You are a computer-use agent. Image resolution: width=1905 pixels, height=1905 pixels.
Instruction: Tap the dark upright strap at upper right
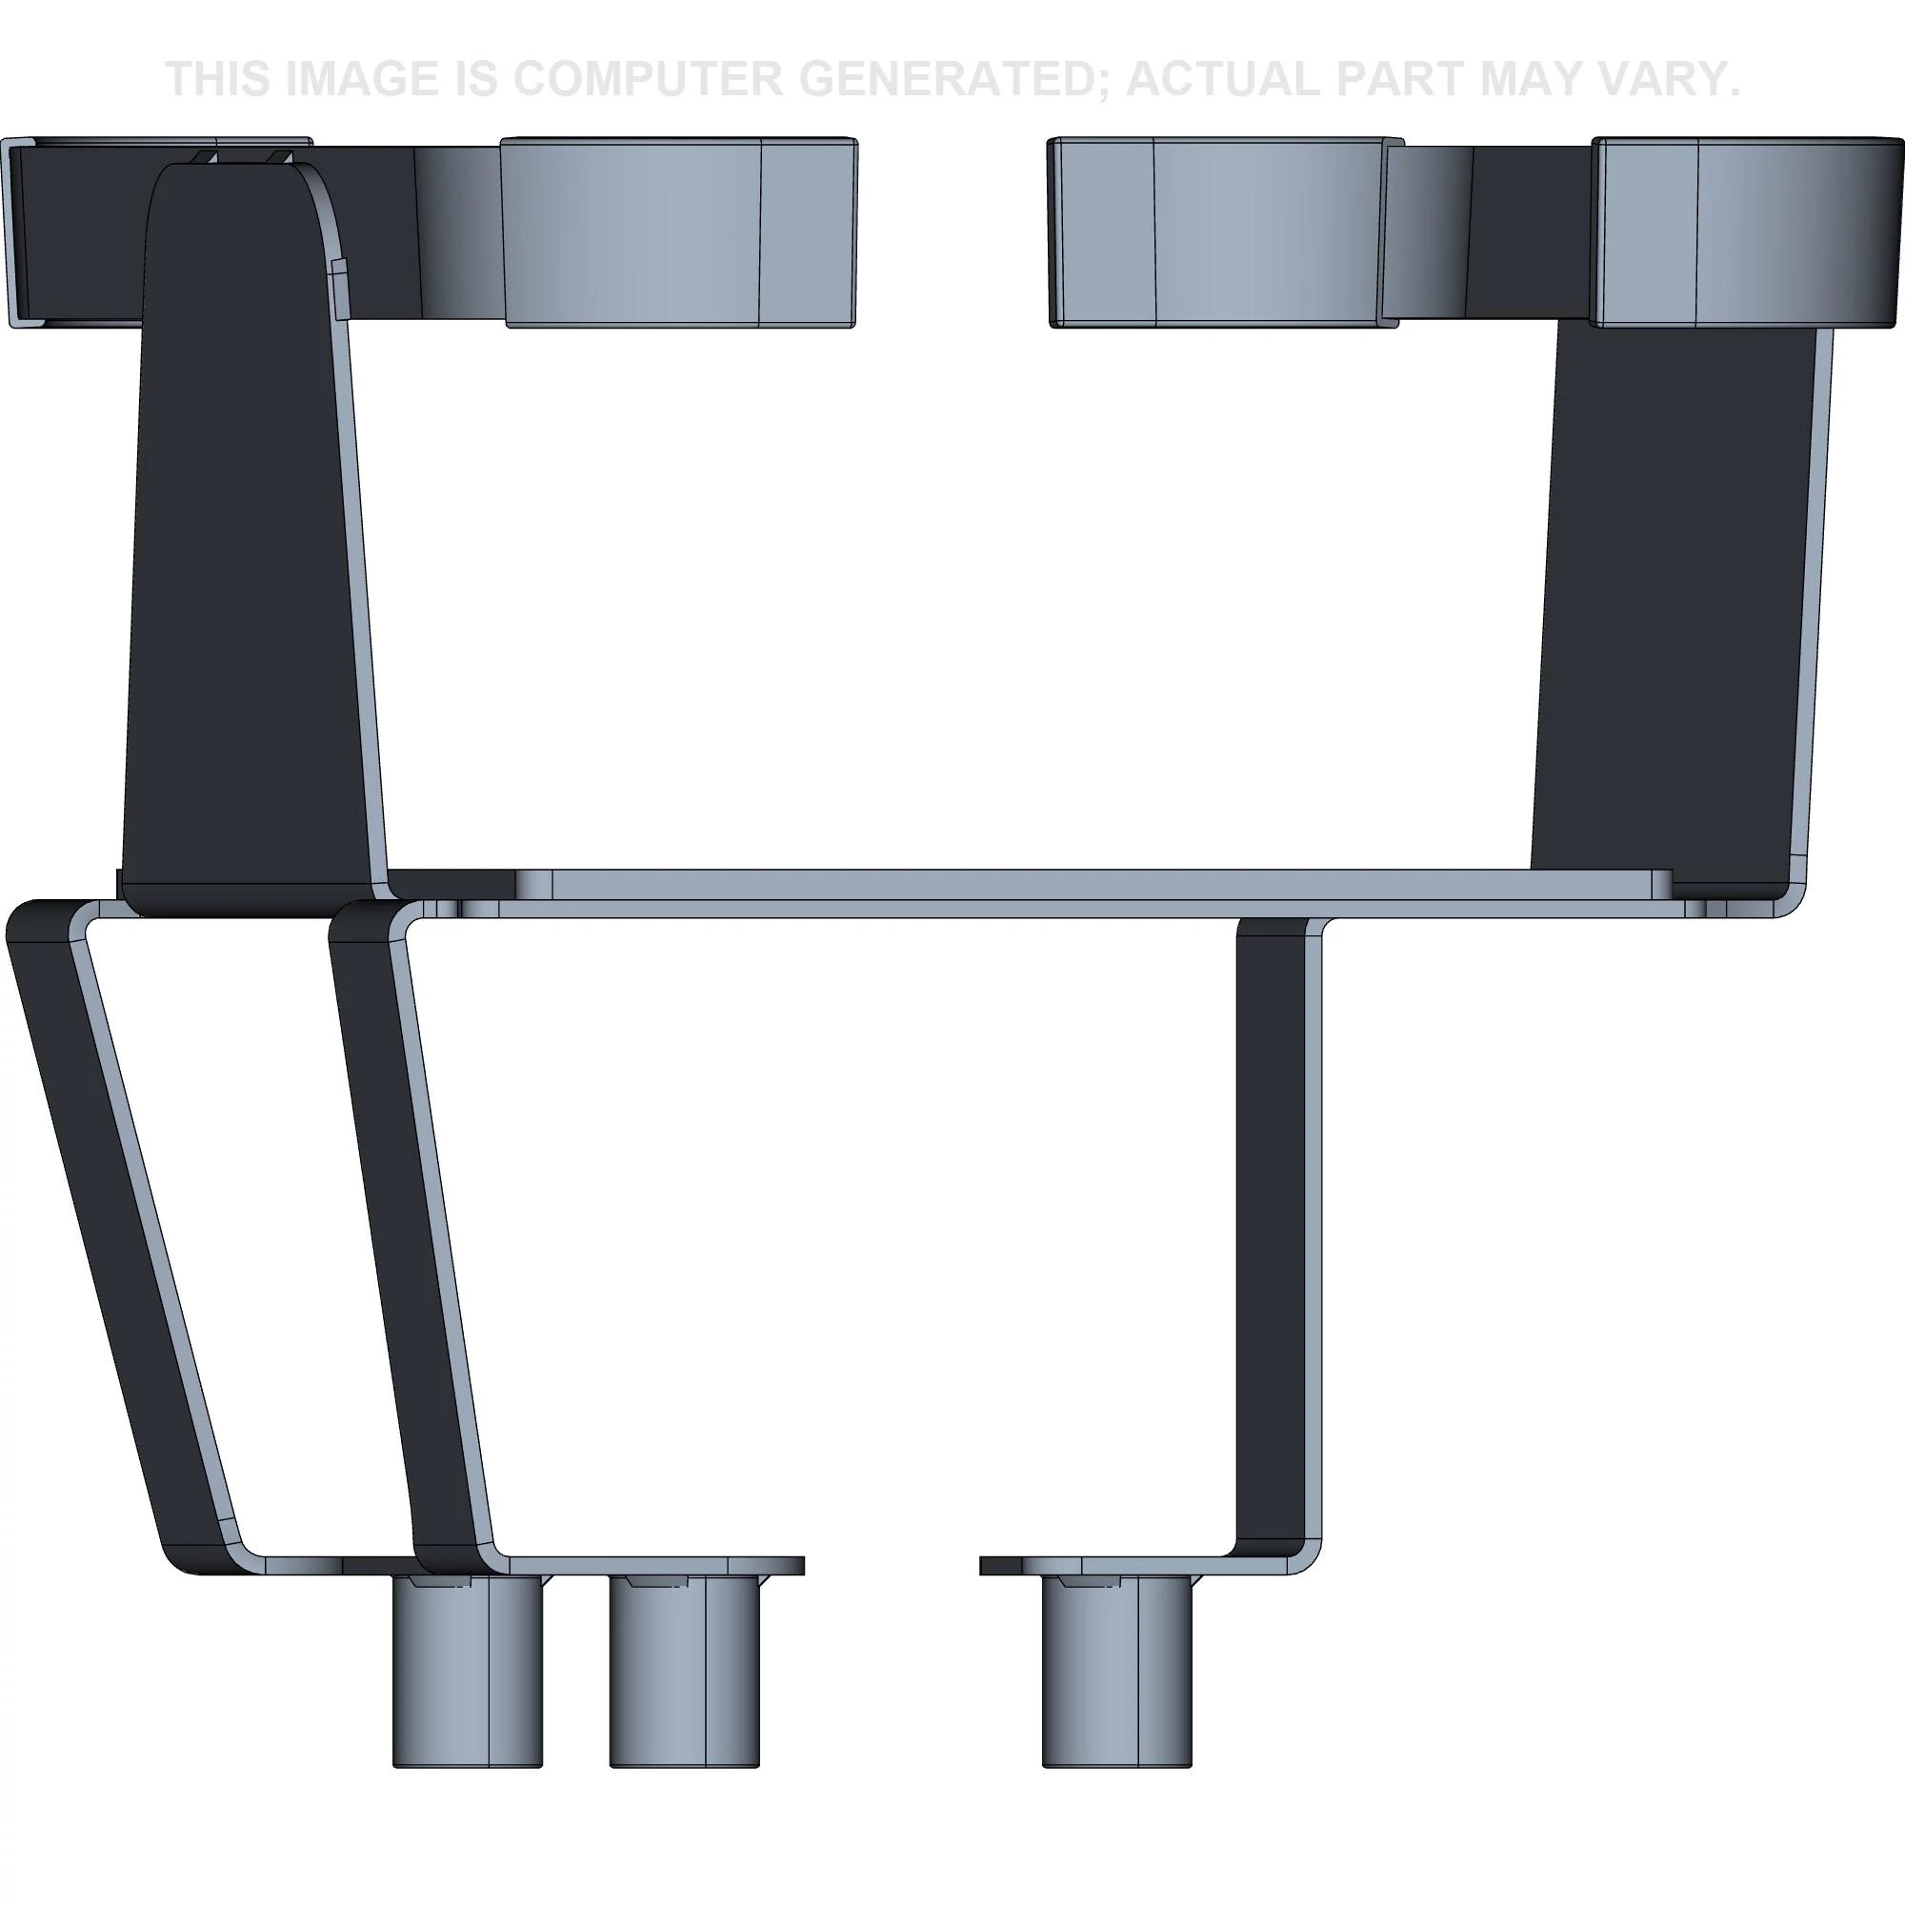click(1676, 592)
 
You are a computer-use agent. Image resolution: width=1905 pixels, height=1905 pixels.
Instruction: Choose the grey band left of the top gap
click(680, 232)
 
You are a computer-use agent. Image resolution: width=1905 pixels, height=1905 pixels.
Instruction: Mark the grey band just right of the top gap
click(1223, 232)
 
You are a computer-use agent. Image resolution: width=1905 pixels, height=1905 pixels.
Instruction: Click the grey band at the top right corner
click(1745, 232)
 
